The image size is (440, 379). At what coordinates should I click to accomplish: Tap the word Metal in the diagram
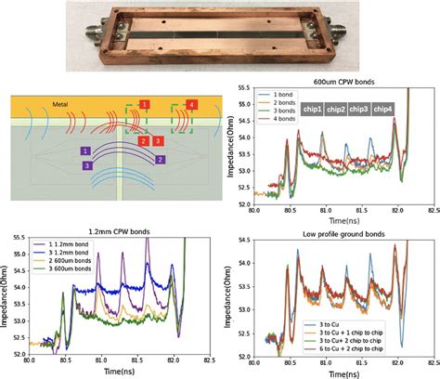[34, 105]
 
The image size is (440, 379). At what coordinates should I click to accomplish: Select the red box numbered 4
[190, 105]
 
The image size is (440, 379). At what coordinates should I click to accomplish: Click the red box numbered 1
[143, 104]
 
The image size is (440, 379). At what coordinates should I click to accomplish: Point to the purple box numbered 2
[162, 160]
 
